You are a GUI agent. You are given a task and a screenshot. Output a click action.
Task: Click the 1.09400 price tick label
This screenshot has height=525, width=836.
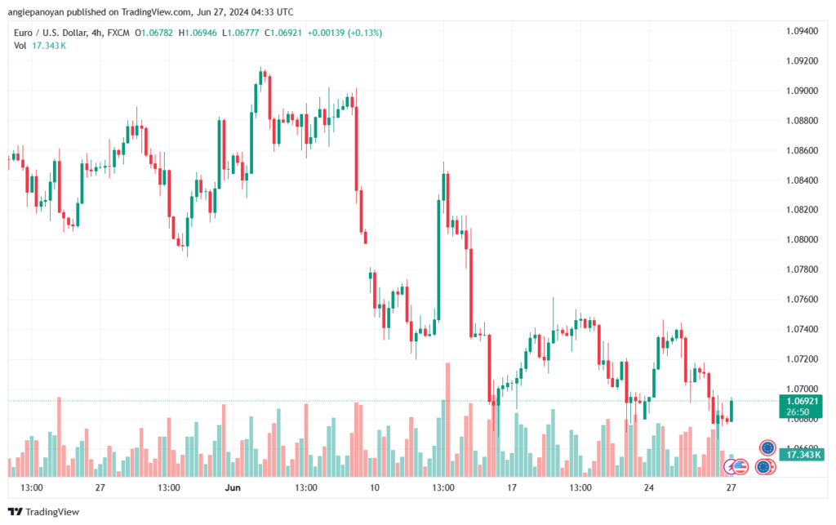coord(802,31)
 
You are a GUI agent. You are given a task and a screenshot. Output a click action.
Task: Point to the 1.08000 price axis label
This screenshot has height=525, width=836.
coord(802,239)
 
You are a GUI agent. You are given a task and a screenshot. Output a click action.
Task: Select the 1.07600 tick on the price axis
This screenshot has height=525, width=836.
coord(802,299)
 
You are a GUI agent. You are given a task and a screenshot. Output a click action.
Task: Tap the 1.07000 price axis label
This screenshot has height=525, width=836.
coord(802,389)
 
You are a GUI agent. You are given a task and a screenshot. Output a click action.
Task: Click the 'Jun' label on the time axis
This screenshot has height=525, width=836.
coord(233,487)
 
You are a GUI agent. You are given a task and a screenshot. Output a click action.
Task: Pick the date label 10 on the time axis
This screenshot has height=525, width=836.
coord(374,487)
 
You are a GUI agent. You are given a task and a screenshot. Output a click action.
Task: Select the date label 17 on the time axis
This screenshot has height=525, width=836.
coord(512,487)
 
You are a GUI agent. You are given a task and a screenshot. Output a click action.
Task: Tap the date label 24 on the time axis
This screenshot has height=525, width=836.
coord(649,487)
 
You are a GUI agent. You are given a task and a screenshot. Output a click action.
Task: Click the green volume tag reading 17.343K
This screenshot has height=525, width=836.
coord(802,455)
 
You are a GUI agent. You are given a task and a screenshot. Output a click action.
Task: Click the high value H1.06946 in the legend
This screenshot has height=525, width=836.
coord(198,33)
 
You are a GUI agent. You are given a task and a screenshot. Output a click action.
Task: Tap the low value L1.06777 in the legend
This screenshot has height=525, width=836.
coord(241,33)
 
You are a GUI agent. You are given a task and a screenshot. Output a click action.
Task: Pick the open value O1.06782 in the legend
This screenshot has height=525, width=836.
coord(154,33)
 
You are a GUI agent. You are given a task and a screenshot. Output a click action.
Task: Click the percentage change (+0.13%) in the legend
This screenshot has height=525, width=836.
coord(365,33)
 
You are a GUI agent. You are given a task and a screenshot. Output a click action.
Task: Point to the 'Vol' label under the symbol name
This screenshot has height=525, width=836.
coord(20,46)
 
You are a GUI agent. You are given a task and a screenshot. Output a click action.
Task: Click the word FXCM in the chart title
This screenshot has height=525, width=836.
coord(118,33)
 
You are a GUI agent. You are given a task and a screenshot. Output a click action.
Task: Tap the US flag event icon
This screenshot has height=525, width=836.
coord(740,467)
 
